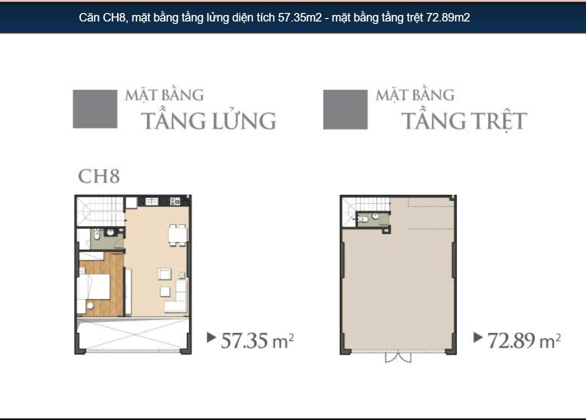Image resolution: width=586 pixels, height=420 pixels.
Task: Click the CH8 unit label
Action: [x=99, y=176]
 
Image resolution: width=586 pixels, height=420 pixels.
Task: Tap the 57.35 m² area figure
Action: [x=257, y=340]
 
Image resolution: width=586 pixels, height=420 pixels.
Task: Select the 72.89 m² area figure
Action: [x=524, y=340]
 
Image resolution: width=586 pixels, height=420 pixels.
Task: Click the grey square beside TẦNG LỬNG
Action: [x=95, y=109]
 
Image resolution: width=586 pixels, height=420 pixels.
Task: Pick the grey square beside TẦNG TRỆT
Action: [x=345, y=109]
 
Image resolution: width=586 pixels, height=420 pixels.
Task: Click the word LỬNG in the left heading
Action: [x=244, y=120]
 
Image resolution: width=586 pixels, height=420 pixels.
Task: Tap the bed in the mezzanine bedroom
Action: [x=94, y=286]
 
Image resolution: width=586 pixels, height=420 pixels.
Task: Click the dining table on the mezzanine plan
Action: [x=177, y=235]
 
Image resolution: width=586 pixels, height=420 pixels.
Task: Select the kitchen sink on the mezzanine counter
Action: [x=151, y=202]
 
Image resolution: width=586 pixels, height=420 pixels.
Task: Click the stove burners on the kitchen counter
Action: [x=175, y=201]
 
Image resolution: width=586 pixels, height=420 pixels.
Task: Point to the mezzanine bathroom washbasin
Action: [x=110, y=233]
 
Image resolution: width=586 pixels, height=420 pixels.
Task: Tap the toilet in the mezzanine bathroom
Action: [x=97, y=234]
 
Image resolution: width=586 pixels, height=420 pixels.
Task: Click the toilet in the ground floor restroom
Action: [x=362, y=219]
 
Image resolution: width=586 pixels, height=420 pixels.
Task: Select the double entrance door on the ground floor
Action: [x=398, y=356]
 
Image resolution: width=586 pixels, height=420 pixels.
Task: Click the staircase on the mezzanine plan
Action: [x=100, y=211]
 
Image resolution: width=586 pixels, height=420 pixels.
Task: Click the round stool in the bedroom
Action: [x=90, y=305]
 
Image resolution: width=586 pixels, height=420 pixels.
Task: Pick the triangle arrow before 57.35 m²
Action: [x=211, y=337]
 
